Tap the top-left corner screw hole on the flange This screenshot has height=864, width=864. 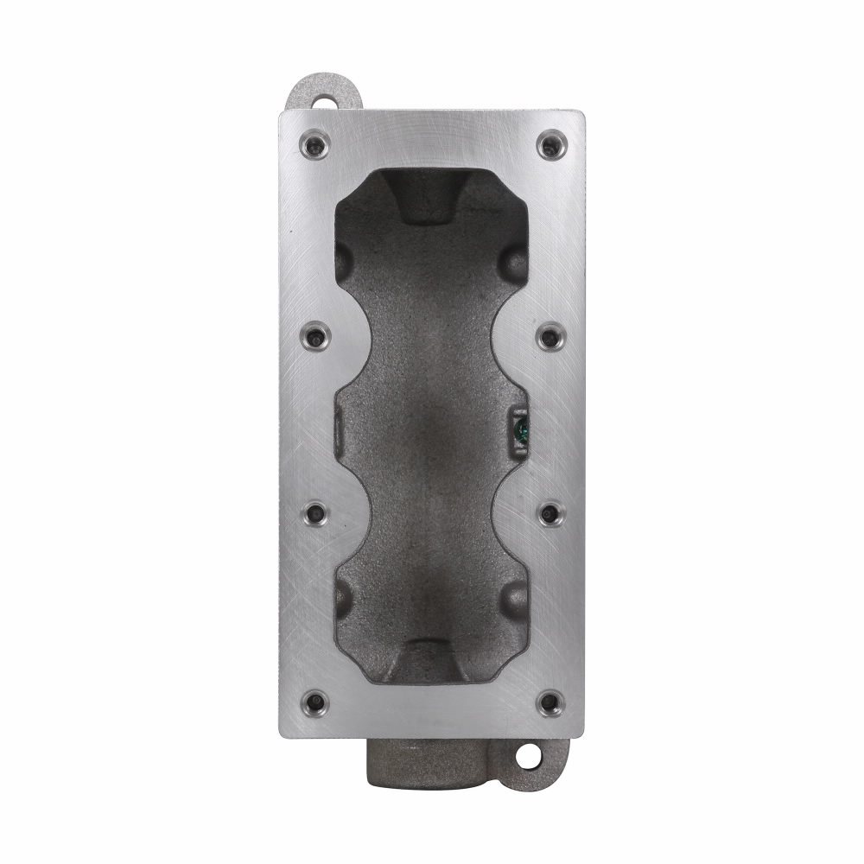(314, 144)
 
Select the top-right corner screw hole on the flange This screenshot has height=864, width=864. (550, 144)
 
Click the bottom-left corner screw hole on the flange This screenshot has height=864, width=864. (314, 702)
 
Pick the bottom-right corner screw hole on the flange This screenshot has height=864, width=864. (550, 702)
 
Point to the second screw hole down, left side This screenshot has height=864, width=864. (314, 335)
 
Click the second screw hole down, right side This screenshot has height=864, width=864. (550, 335)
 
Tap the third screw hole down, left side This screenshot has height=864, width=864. (314, 514)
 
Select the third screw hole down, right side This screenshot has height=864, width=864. (550, 514)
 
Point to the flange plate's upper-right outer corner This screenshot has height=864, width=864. (582, 112)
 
